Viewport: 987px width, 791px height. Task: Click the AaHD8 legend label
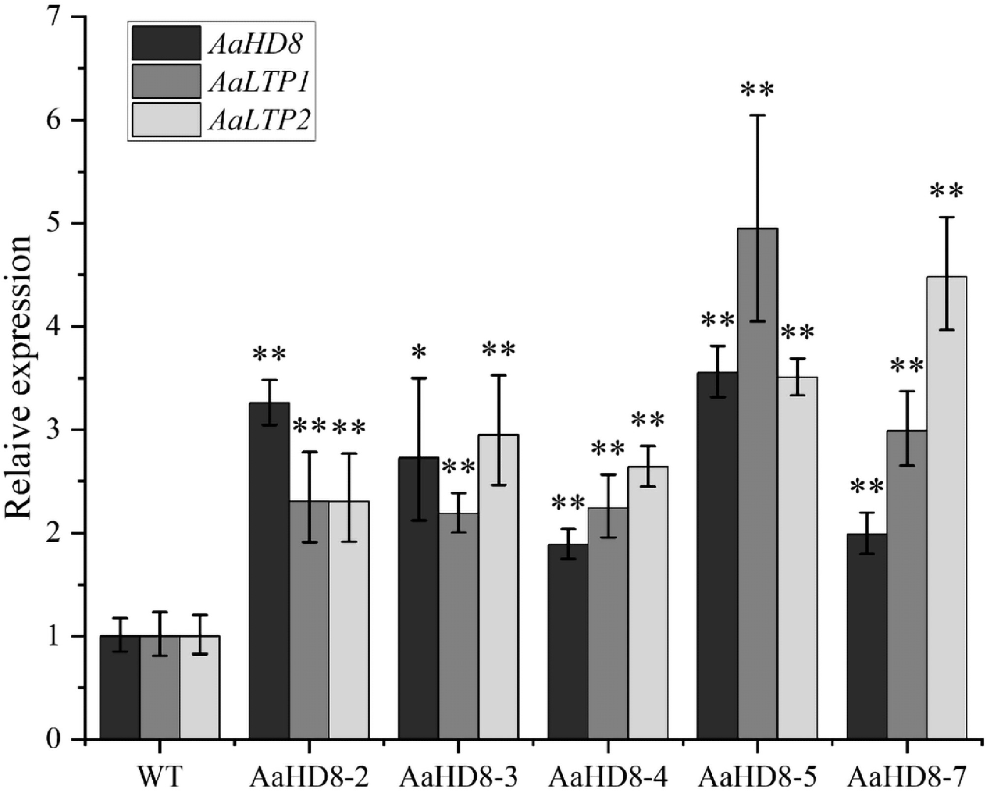point(255,44)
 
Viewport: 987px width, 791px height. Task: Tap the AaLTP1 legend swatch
point(167,82)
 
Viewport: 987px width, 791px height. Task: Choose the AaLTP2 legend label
point(259,120)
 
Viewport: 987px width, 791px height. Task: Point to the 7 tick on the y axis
point(79,17)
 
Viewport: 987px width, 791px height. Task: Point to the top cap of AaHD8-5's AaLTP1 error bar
point(757,115)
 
